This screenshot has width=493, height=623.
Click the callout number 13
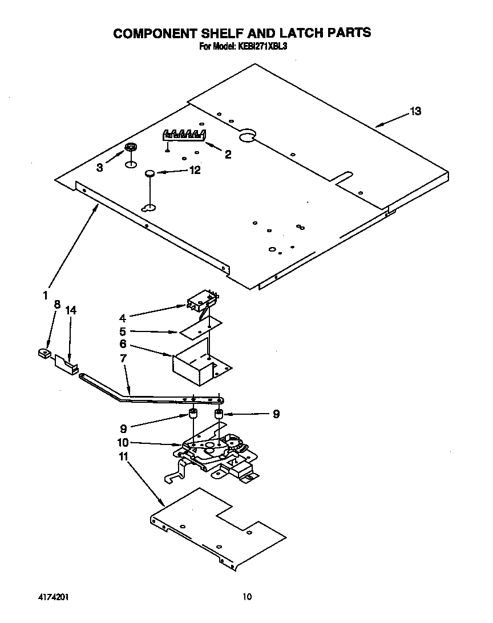[415, 111]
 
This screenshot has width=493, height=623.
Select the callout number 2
[228, 154]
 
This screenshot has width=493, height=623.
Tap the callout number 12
[195, 170]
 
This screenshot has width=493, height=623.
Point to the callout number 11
[123, 456]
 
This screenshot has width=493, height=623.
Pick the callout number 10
[123, 442]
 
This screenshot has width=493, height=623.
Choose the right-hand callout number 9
[276, 415]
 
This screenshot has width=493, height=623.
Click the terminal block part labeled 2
[184, 135]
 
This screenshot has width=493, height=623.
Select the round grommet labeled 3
[131, 148]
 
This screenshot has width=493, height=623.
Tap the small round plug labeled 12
[149, 172]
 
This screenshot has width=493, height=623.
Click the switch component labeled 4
[201, 301]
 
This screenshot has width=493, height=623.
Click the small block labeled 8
[43, 354]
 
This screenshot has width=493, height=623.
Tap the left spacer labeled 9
[193, 414]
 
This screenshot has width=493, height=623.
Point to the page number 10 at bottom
[246, 597]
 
